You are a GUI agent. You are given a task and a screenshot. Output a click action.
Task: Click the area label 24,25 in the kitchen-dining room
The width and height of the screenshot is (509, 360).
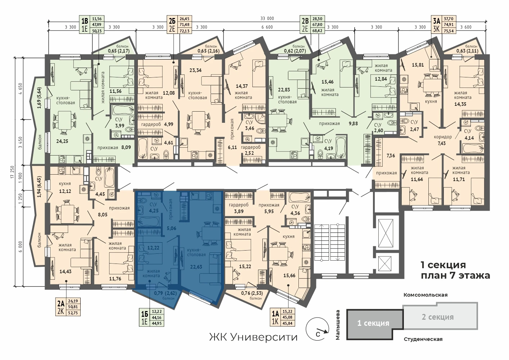pyautogui.click(x=62, y=141)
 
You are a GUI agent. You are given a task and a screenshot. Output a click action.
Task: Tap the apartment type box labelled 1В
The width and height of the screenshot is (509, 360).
pyautogui.click(x=91, y=24)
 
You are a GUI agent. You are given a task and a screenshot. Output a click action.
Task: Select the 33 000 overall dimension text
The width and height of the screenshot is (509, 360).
pyautogui.click(x=267, y=18)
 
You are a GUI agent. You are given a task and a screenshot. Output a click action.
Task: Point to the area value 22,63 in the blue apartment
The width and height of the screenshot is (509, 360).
pyautogui.click(x=196, y=267)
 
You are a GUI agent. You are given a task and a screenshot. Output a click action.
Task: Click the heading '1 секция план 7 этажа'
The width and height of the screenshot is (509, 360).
pyautogui.click(x=455, y=270)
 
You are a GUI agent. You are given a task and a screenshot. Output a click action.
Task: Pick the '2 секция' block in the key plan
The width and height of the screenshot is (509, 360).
pyautogui.click(x=440, y=316)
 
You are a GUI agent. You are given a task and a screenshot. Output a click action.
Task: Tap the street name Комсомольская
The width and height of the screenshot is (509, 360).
pyautogui.click(x=425, y=295)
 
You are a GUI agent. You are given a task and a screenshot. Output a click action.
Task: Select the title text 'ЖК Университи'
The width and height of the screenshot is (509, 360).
pyautogui.click(x=253, y=337)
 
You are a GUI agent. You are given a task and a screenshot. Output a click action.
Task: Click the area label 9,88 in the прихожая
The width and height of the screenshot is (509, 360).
pyautogui.click(x=353, y=123)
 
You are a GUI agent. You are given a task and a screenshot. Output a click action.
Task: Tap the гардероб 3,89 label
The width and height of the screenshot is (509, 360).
pyautogui.click(x=239, y=208)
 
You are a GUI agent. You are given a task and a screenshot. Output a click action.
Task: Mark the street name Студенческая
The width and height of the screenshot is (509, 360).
pyautogui.click(x=423, y=339)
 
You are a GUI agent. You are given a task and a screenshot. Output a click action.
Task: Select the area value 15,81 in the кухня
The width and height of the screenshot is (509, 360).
pyautogui.click(x=418, y=65)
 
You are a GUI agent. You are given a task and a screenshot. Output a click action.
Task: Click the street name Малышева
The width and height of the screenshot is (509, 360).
pyautogui.click(x=338, y=325)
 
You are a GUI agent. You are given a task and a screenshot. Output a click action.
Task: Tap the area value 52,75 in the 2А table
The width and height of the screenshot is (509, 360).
pyautogui.click(x=73, y=313)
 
